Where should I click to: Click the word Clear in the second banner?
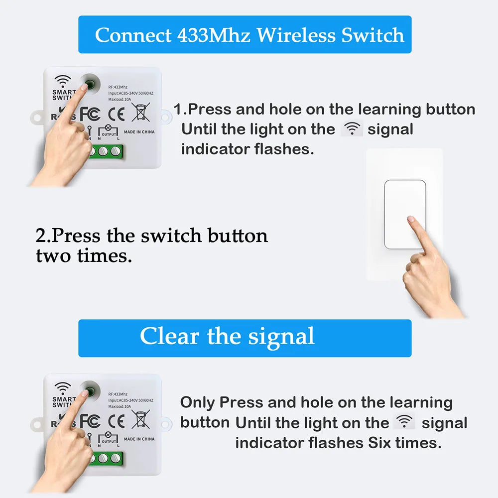pos(169,336)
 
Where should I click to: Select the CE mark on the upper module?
pos(117,113)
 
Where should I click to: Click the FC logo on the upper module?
pos(90,113)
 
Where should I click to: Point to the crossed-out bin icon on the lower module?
pos(140,419)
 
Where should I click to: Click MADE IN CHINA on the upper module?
pos(139,132)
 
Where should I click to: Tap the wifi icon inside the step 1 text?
pos(352,129)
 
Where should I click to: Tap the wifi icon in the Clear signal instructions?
pos(404,422)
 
